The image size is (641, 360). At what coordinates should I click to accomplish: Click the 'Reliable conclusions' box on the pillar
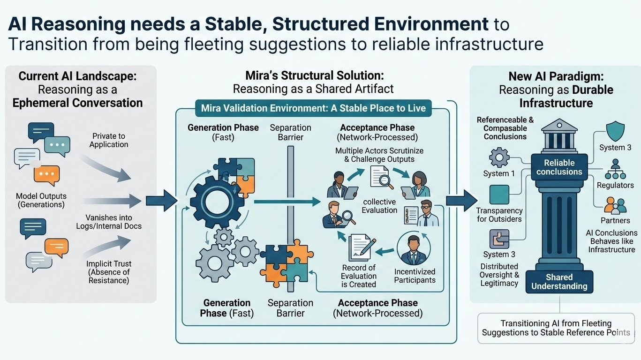click(x=559, y=167)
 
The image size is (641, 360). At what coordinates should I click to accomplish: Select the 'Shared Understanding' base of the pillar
click(x=559, y=282)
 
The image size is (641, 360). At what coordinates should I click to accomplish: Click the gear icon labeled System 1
click(x=499, y=157)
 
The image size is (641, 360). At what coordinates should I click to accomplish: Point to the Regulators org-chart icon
click(x=615, y=169)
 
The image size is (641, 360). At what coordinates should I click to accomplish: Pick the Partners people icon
click(x=615, y=205)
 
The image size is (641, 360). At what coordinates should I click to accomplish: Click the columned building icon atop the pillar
click(x=559, y=135)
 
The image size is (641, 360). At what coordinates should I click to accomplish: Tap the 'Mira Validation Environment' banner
click(x=313, y=108)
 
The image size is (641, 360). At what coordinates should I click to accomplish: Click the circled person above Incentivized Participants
click(x=414, y=250)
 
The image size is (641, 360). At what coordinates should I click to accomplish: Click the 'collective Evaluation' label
click(x=379, y=206)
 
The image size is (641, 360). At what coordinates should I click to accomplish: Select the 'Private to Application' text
click(x=109, y=140)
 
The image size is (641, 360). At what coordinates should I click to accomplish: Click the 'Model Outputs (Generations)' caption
click(x=41, y=200)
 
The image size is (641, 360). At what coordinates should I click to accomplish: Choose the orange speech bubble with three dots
click(x=46, y=175)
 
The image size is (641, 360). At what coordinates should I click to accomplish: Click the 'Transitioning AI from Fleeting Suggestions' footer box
click(x=556, y=328)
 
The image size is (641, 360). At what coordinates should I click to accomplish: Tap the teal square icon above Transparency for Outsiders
click(x=499, y=195)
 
